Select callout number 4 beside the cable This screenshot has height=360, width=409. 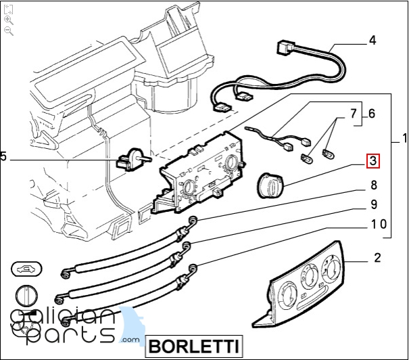click(372, 41)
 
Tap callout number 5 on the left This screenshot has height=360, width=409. click(3, 156)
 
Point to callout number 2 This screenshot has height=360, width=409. click(377, 258)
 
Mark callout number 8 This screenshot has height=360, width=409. click(373, 185)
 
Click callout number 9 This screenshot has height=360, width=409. click(373, 204)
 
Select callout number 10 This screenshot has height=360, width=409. click(379, 224)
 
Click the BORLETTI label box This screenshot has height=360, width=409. click(194, 346)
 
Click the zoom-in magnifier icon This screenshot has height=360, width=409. click(9, 20)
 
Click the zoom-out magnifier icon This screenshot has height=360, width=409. click(9, 31)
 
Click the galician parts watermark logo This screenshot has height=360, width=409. click(68, 325)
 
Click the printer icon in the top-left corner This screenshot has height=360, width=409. click(9, 9)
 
